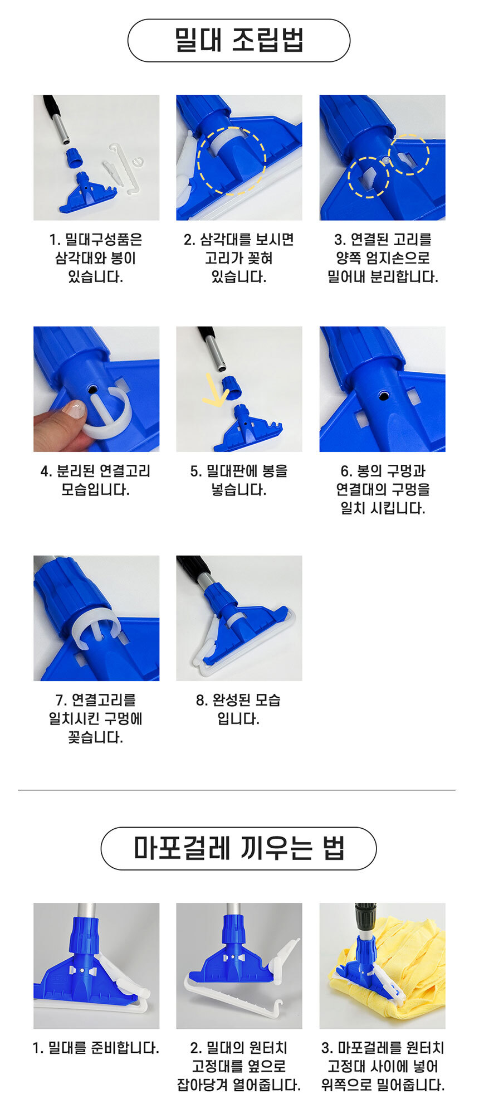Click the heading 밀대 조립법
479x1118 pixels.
pos(239,40)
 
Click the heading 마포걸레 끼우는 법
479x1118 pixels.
pos(239,848)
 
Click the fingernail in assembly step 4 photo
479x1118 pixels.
pos(74,409)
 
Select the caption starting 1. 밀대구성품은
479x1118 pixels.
pos(96,258)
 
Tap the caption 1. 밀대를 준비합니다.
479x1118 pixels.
pos(96,1048)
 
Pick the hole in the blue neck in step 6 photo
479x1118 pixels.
pos(383,395)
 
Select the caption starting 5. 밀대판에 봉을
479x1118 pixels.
pos(239,480)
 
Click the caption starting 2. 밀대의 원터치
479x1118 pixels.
pos(239,1066)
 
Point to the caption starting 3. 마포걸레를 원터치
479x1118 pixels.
pos(383,1066)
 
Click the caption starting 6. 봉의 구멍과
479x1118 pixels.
pos(383,489)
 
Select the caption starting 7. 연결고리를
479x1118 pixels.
pos(96,718)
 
